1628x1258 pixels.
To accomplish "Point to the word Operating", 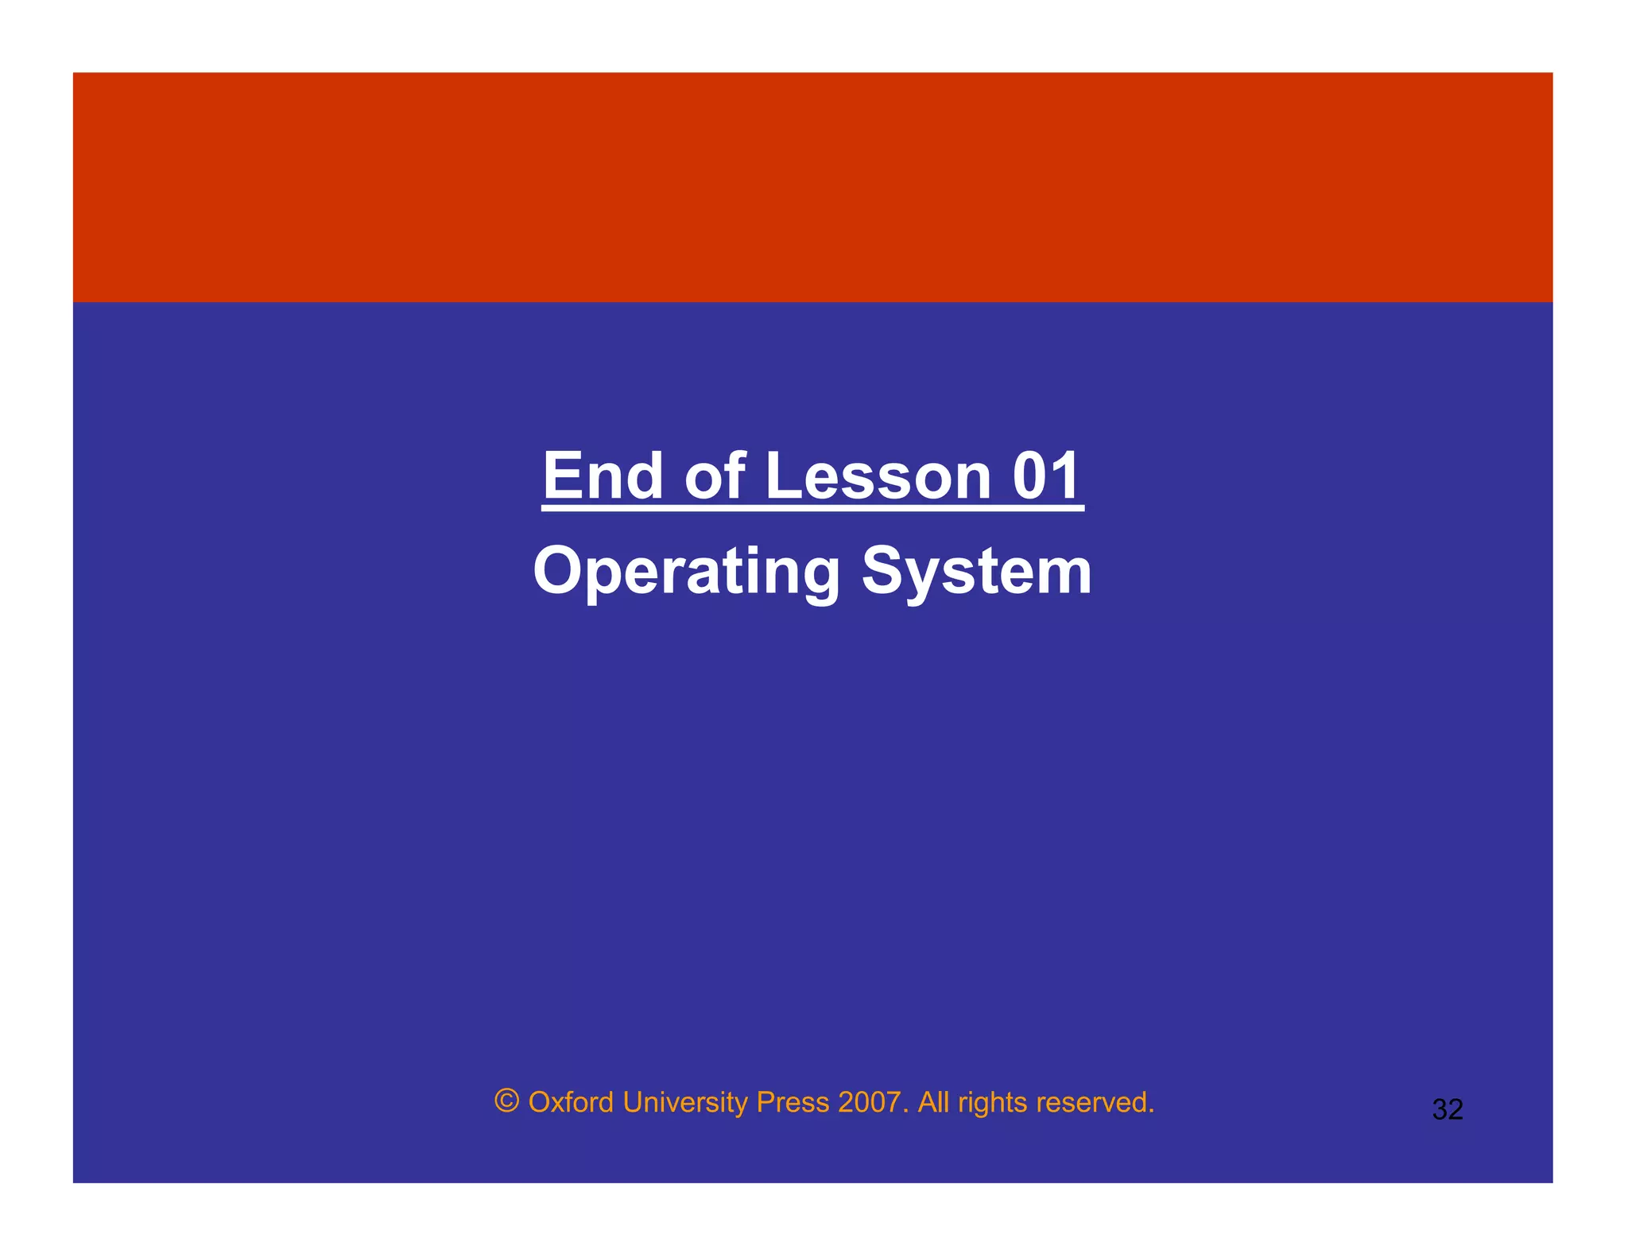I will pyautogui.click(x=686, y=572).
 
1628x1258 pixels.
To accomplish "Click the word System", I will pyautogui.click(x=977, y=572).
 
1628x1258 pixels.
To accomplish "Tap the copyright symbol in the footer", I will pyautogui.click(x=506, y=1101).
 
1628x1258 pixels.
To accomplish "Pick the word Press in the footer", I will pyautogui.click(x=792, y=1102).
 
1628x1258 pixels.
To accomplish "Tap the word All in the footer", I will pyautogui.click(x=933, y=1102).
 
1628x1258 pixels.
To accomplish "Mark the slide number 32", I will pyautogui.click(x=1447, y=1109).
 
